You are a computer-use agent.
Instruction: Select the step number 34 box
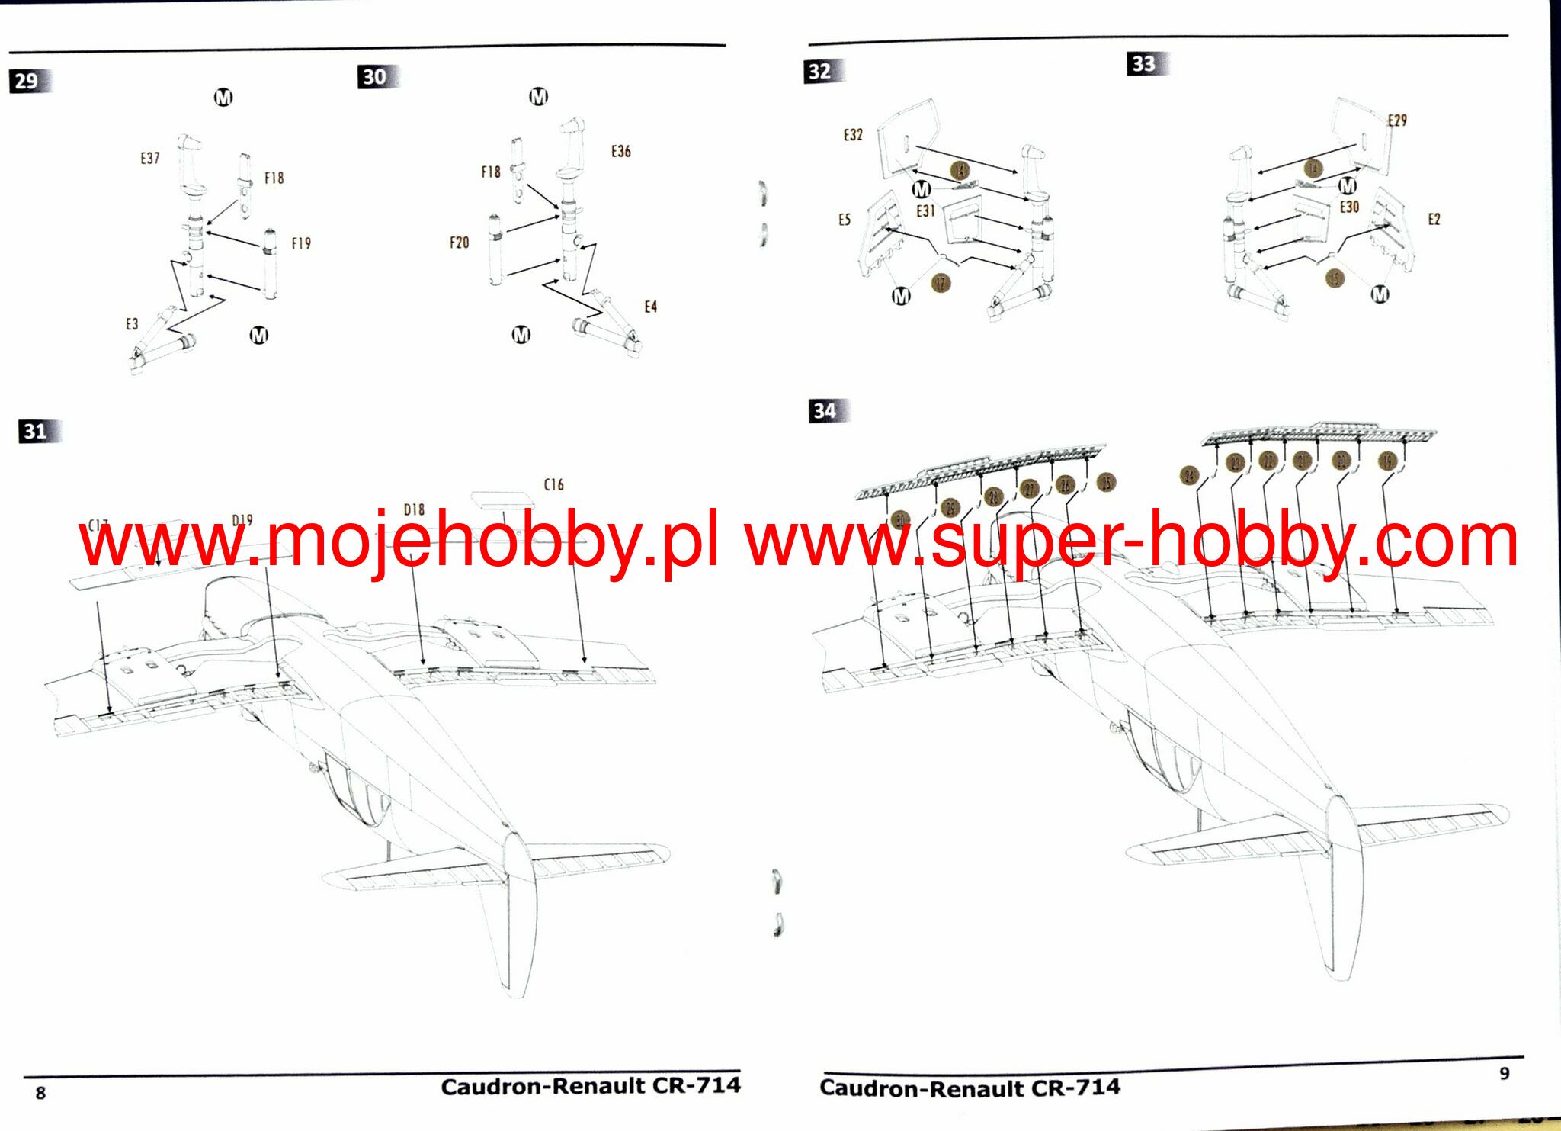[x=824, y=411]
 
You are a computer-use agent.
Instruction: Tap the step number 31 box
[x=35, y=432]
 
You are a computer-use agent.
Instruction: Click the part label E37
[x=150, y=158]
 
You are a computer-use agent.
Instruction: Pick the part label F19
[x=301, y=243]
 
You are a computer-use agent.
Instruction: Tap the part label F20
[x=459, y=243]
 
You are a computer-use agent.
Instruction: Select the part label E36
[x=620, y=151]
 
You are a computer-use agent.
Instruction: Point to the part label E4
[x=650, y=307]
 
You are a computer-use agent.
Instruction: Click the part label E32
[x=853, y=135]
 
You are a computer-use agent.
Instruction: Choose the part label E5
[x=844, y=220]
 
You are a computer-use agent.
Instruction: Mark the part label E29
[x=1396, y=120]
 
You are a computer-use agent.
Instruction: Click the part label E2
[x=1434, y=220]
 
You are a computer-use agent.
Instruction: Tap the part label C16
[x=554, y=484]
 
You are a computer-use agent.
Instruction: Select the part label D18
[x=414, y=509]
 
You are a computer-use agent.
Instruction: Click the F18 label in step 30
[x=491, y=172]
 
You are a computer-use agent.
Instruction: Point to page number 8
[x=40, y=1093]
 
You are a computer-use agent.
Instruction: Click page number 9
[x=1504, y=1073]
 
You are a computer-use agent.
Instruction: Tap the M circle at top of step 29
[x=223, y=98]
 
